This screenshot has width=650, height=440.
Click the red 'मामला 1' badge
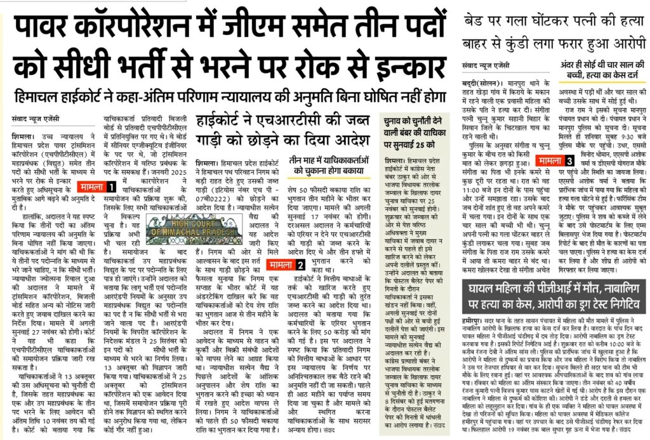click(97, 187)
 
